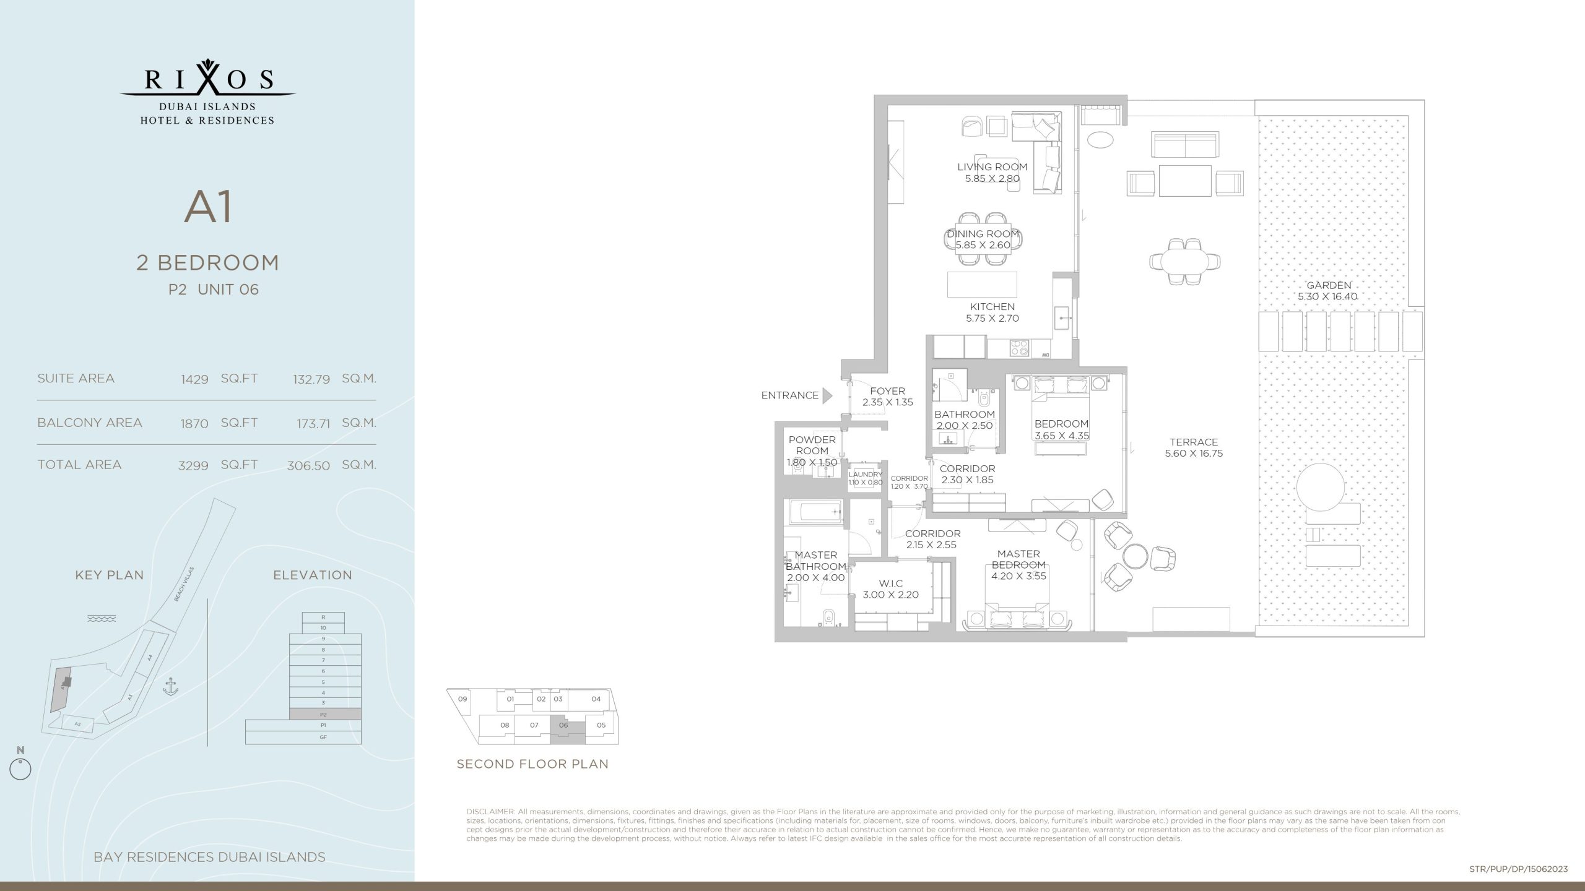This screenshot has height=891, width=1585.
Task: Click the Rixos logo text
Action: tap(208, 79)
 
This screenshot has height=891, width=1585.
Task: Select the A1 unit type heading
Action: tap(208, 208)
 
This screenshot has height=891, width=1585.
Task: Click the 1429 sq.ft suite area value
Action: tap(194, 379)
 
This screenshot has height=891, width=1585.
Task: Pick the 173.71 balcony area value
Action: tap(313, 424)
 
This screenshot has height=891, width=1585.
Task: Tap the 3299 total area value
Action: tap(193, 466)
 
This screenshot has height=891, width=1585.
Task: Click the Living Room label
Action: tap(992, 167)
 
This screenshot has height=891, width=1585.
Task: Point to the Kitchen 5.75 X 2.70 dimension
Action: tap(992, 319)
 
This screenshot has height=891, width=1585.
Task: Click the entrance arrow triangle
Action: tap(827, 395)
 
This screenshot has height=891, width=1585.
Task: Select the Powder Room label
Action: tap(812, 445)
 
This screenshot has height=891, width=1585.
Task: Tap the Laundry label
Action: tap(865, 475)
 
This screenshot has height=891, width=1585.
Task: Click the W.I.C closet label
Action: tap(891, 583)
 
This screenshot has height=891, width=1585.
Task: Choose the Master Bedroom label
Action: tap(1018, 559)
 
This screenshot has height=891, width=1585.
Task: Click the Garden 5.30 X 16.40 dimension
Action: tap(1328, 296)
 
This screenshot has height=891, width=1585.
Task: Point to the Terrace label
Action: tap(1194, 442)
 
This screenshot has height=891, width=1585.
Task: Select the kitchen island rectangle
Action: tap(982, 284)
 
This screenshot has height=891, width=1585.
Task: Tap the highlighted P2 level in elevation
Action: tap(325, 714)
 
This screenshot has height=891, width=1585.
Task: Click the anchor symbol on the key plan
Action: tap(170, 687)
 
